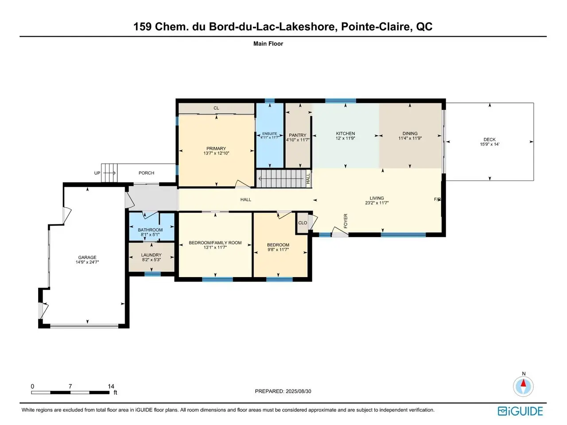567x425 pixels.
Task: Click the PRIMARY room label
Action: click(x=216, y=148)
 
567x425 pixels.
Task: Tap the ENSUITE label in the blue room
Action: click(x=269, y=134)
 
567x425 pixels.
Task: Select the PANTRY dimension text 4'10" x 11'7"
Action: click(x=298, y=140)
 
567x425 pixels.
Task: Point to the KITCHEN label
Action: click(x=346, y=133)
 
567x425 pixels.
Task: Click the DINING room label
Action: click(x=410, y=133)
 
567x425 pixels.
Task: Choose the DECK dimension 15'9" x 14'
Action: click(x=489, y=144)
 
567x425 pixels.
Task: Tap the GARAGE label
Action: click(x=87, y=257)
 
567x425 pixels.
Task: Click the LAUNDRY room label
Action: click(x=151, y=255)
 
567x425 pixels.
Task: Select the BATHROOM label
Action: click(x=150, y=230)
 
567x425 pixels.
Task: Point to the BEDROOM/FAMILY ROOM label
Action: click(x=215, y=243)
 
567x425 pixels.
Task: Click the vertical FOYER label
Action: click(x=346, y=221)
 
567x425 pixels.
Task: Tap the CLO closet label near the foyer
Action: click(x=303, y=223)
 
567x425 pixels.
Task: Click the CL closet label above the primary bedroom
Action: click(x=216, y=108)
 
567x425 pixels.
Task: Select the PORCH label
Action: click(x=147, y=173)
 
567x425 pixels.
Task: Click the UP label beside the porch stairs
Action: click(x=97, y=173)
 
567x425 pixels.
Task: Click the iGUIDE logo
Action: click(x=520, y=411)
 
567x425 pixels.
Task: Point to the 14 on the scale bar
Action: click(x=111, y=386)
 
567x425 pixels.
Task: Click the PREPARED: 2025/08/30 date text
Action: click(x=283, y=391)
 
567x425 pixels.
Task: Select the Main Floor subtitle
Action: click(x=268, y=44)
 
